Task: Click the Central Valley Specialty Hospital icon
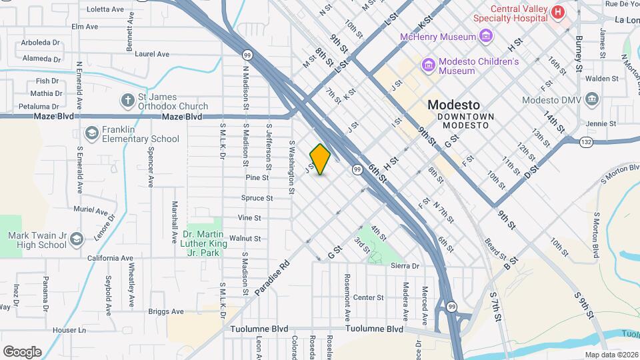pyautogui.click(x=557, y=11)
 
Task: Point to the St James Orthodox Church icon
pyautogui.click(x=127, y=101)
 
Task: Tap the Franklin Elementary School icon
pyautogui.click(x=91, y=134)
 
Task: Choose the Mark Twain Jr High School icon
pyautogui.click(x=76, y=239)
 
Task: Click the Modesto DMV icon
pyautogui.click(x=591, y=100)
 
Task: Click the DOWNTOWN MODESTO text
pyautogui.click(x=466, y=116)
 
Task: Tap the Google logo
pyautogui.click(x=22, y=351)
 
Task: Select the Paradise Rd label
pyautogui.click(x=272, y=278)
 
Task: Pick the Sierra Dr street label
pyautogui.click(x=405, y=265)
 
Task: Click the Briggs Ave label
pyautogui.click(x=166, y=311)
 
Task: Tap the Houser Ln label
pyautogui.click(x=69, y=330)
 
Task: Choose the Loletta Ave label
pyautogui.click(x=105, y=9)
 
